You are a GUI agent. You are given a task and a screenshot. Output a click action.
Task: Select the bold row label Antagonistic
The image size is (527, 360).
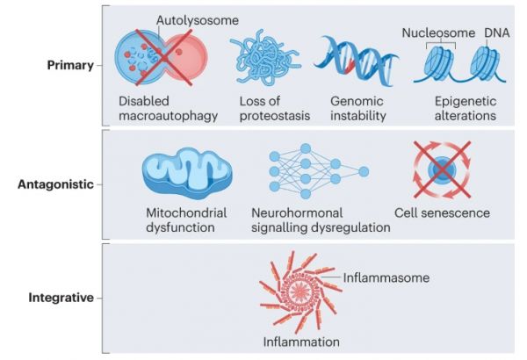tap(54, 185)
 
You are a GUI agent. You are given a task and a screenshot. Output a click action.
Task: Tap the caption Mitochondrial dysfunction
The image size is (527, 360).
tap(185, 220)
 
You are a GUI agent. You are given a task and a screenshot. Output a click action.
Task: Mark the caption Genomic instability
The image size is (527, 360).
tap(357, 107)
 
